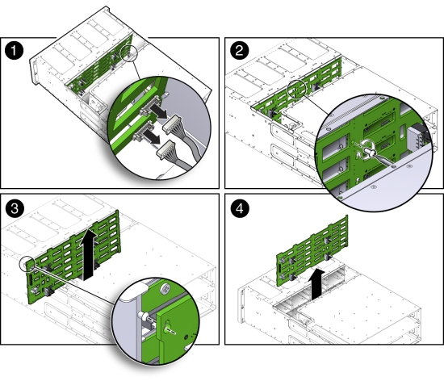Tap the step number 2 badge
[x=239, y=52]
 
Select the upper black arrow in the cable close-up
[x=162, y=115]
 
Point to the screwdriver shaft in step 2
[x=383, y=158]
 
